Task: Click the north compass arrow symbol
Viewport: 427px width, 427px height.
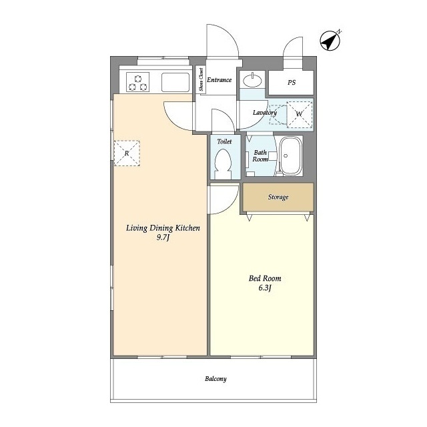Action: coord(330,41)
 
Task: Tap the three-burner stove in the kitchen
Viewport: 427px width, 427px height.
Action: coord(138,82)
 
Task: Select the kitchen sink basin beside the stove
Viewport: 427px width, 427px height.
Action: coord(175,82)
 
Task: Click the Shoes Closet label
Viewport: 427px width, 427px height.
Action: coord(201,79)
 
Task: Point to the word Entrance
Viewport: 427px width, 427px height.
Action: coord(220,80)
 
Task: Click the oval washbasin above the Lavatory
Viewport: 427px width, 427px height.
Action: coord(252,80)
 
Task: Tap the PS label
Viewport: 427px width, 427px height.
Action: coord(292,82)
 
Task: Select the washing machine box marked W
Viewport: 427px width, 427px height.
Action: coord(300,114)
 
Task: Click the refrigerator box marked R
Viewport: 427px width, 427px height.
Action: coord(127,153)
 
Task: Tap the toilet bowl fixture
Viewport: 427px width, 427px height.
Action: coord(223,164)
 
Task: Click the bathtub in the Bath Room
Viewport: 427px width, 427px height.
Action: coord(291,155)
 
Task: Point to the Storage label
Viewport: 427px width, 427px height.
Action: coord(278,197)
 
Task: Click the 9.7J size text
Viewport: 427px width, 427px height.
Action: coord(163,238)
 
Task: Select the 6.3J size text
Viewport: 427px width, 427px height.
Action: coord(265,288)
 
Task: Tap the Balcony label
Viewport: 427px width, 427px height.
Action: coord(216,379)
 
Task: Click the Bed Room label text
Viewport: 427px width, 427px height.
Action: coord(265,278)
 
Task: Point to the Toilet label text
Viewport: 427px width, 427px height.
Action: coord(224,141)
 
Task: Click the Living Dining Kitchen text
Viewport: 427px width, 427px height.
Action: coord(163,228)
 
